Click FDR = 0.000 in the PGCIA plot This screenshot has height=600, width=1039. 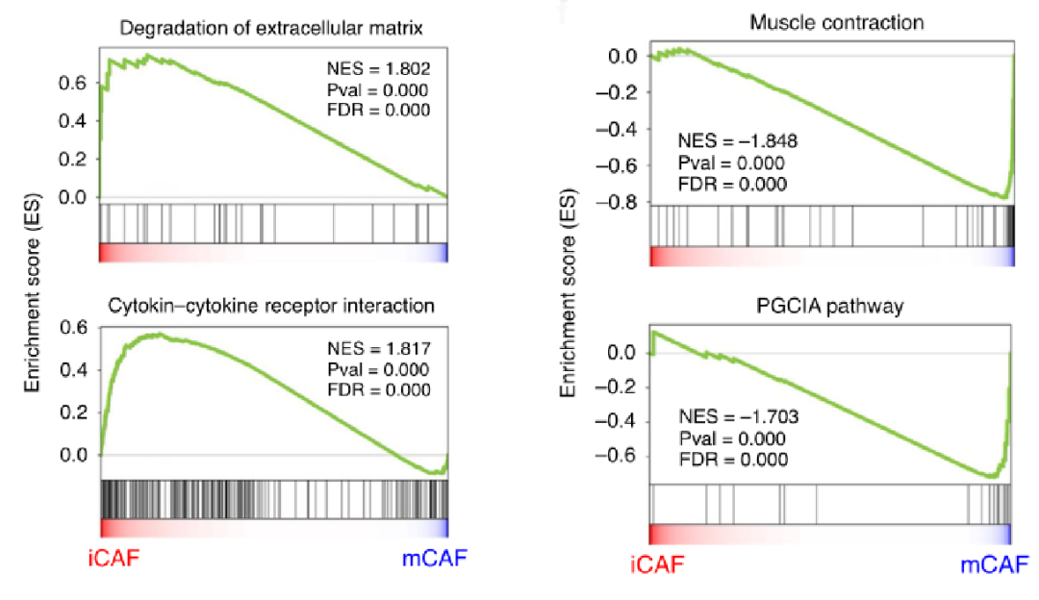[x=733, y=460]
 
